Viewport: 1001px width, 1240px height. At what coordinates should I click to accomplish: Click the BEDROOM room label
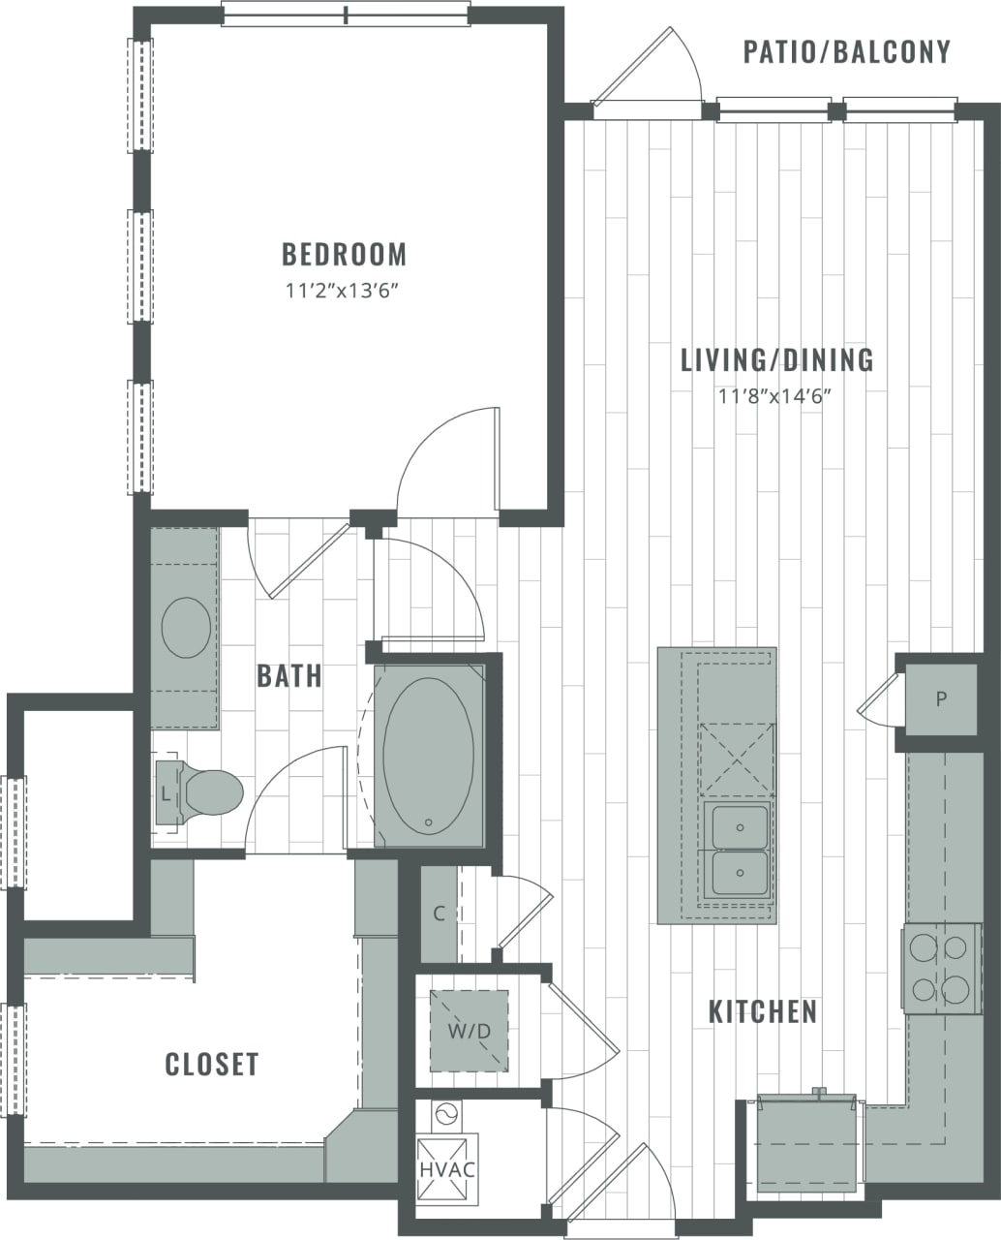point(344,255)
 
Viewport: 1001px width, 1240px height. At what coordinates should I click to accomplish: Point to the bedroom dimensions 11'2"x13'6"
point(344,290)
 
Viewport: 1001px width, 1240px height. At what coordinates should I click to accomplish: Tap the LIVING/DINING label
point(776,360)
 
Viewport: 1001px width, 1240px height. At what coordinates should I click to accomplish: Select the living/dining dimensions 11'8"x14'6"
point(776,395)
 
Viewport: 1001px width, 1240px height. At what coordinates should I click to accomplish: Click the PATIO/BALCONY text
point(847,51)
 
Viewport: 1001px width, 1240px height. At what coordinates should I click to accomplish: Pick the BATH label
point(288,676)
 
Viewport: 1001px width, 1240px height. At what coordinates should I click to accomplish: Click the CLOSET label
point(212,1064)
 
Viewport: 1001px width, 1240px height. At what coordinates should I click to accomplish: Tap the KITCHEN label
point(763,1012)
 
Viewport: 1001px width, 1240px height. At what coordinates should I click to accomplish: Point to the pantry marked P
point(940,699)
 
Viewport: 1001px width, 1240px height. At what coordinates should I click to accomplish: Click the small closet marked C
point(439,914)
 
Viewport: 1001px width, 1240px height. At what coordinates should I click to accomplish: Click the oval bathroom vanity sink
point(186,628)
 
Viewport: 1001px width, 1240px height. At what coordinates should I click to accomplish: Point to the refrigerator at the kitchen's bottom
point(806,1143)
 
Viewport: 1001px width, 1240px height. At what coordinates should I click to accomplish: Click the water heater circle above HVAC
point(446,1115)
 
